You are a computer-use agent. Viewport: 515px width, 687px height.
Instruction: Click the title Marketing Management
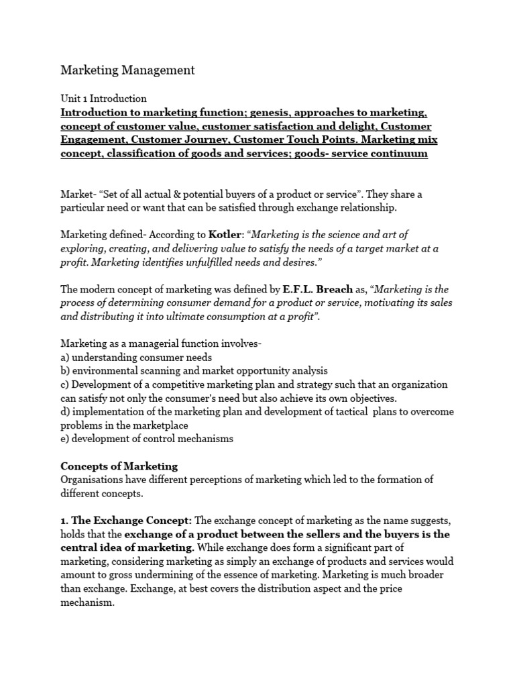[127, 70]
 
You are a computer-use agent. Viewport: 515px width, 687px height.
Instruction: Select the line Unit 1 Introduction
[103, 99]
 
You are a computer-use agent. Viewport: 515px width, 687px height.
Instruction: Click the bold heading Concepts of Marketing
[119, 466]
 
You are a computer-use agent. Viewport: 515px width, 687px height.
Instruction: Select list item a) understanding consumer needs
[136, 358]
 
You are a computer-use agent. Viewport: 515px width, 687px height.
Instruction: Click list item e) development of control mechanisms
[147, 439]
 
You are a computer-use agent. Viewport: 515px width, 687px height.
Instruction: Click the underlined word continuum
[401, 154]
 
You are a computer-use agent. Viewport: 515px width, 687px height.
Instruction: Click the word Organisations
[93, 480]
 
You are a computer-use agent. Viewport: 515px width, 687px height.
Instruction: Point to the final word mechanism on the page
[87, 602]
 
